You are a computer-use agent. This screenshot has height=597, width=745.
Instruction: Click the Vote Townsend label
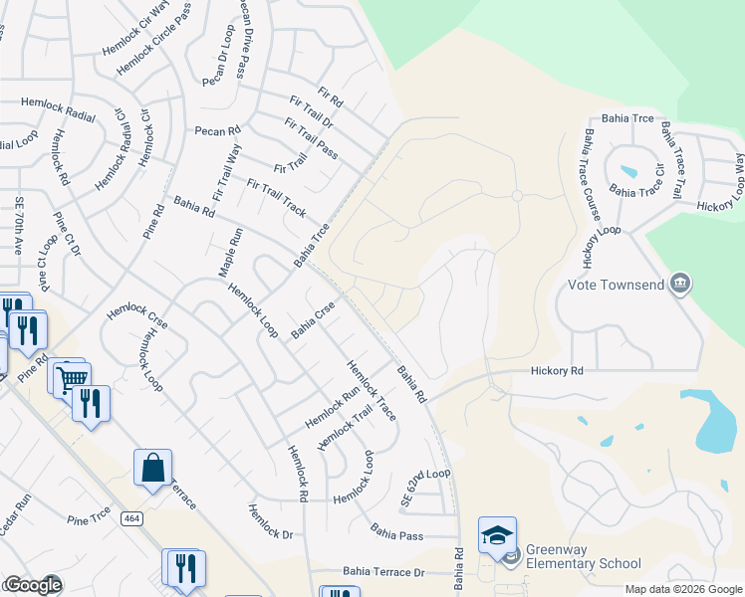coord(615,284)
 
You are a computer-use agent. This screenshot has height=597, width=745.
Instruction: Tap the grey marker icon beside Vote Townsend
coord(680,284)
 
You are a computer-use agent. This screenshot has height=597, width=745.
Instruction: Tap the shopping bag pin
coord(152,469)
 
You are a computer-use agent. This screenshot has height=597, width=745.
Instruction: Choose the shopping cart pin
coord(70,379)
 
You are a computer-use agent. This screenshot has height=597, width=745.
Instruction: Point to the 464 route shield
coord(130,518)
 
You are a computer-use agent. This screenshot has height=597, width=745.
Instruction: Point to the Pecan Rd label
coord(217,130)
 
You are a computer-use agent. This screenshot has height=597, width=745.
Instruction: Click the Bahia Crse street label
coord(310,320)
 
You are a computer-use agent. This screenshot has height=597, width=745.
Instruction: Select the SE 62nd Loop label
coord(425,488)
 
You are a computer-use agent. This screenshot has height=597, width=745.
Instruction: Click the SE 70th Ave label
coord(18,228)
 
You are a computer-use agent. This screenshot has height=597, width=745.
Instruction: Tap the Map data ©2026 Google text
coord(682,589)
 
